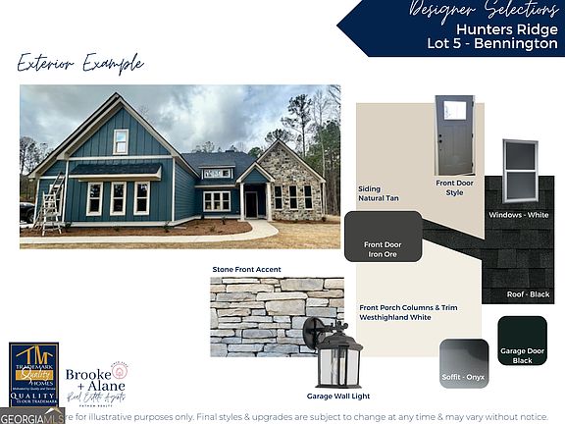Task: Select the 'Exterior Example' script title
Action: coord(80,64)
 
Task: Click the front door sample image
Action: coord(454,134)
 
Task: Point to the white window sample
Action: coord(520,171)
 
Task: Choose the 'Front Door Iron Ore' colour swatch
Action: coord(383,237)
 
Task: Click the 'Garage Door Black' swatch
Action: coord(522,341)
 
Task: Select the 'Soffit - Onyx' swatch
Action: coord(464,363)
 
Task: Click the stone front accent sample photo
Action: coord(277,315)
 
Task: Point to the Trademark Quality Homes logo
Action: coord(33,373)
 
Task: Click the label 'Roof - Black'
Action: coord(528,293)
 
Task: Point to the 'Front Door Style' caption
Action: coord(454,186)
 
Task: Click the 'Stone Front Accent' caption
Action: coord(247,268)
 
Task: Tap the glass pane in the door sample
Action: coord(455,111)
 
